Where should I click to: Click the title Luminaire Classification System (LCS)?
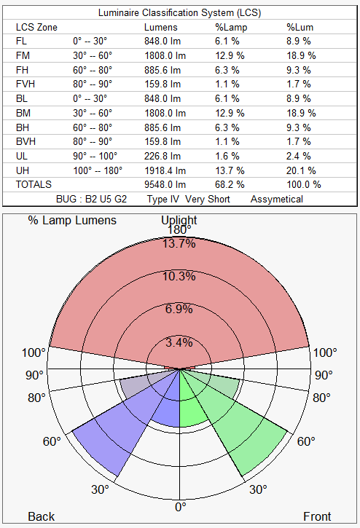click(x=179, y=13)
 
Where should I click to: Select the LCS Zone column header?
click(x=36, y=27)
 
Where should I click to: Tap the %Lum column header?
click(x=298, y=27)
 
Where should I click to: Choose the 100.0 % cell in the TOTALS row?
click(x=303, y=184)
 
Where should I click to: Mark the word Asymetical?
click(x=276, y=199)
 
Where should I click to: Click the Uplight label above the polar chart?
click(x=179, y=220)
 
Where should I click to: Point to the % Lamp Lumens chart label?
click(x=72, y=220)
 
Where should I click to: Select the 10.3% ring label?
click(x=179, y=276)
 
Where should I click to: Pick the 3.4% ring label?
click(x=179, y=342)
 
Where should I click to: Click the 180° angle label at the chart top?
click(x=180, y=231)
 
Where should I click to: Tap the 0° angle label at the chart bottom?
click(x=180, y=506)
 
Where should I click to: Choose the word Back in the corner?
click(x=42, y=516)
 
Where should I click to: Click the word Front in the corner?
click(x=317, y=516)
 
